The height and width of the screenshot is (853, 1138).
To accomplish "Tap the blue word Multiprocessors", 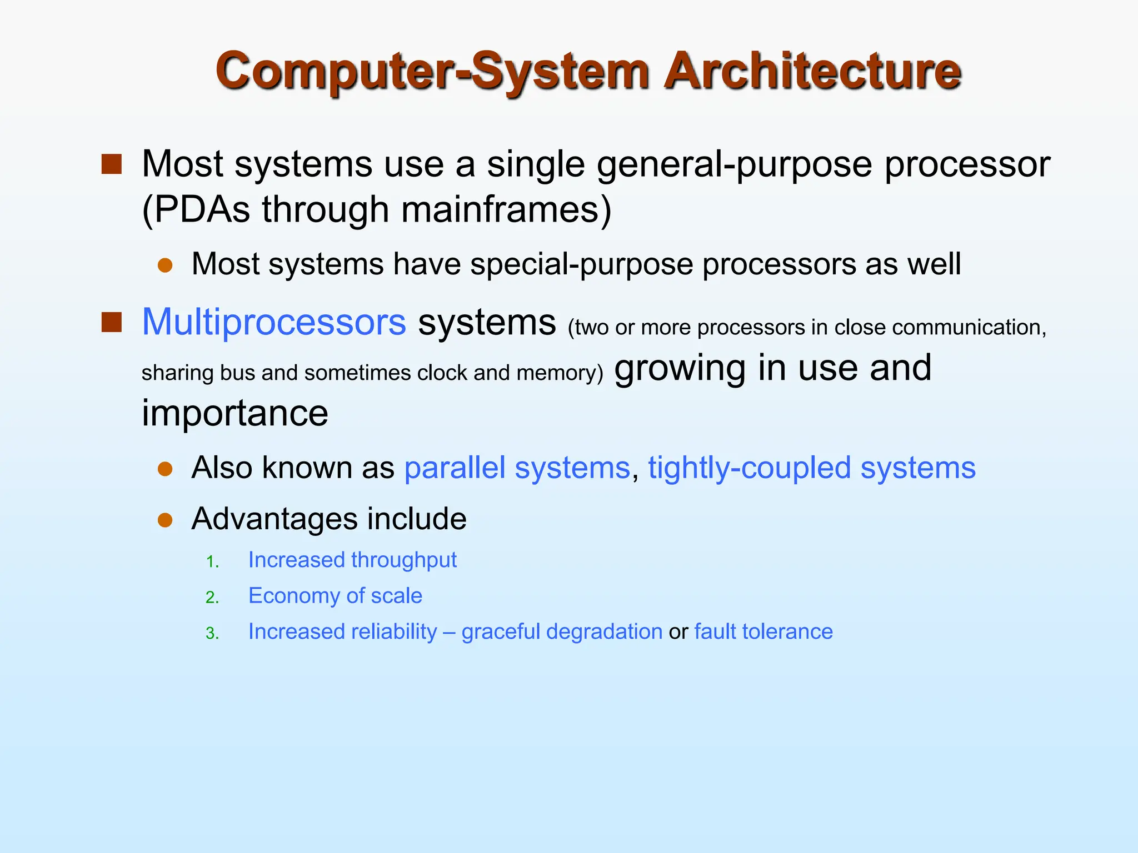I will click(274, 322).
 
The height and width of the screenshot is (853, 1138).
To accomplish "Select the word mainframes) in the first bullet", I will click(506, 210).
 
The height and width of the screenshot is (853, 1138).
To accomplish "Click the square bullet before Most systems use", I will click(112, 164).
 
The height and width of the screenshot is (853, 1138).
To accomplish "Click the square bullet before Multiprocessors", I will click(112, 322).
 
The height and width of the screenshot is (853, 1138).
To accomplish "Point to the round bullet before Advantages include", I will click(165, 520).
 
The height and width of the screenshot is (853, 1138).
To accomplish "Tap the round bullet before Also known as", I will click(165, 469).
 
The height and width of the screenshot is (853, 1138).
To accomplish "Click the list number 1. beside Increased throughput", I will click(212, 562).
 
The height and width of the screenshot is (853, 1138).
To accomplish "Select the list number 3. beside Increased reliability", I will click(212, 634).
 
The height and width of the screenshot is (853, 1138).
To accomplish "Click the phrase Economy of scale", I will click(335, 596).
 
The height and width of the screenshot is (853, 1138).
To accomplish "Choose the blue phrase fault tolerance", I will click(763, 632).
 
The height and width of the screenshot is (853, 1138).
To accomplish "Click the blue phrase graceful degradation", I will click(562, 632).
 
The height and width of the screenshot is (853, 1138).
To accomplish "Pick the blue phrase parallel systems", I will click(517, 468).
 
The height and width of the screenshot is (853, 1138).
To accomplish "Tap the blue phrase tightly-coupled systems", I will click(811, 468).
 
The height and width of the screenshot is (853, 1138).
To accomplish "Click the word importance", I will click(235, 414).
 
